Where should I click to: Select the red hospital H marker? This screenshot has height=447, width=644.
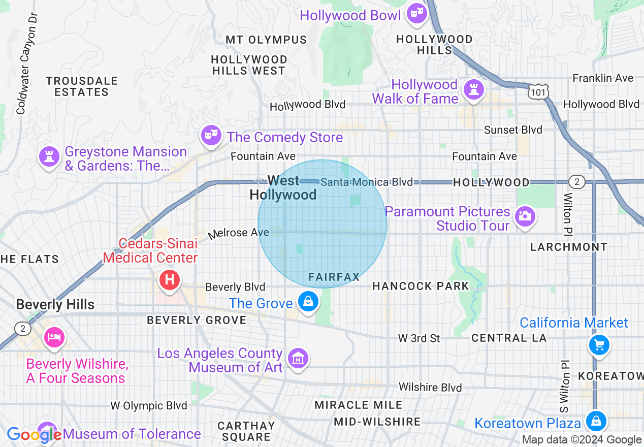point(170,280)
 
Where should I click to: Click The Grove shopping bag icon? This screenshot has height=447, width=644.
point(308,301)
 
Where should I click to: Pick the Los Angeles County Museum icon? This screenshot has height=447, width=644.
point(298,358)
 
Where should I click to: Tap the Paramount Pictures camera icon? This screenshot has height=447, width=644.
point(524,216)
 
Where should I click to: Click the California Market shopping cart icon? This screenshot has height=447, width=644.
point(599,345)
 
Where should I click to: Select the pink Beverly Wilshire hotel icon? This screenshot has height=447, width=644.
point(53,337)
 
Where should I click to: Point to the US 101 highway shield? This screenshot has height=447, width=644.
point(537,92)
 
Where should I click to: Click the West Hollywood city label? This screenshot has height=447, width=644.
point(283,187)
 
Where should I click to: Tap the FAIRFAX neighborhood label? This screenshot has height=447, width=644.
point(334,277)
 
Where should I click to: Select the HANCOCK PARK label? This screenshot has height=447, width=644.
point(421,286)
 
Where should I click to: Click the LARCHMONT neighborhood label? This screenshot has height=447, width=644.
point(568,247)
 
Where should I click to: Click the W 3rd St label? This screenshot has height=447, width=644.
point(418,338)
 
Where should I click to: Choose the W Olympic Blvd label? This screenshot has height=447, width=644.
point(149,405)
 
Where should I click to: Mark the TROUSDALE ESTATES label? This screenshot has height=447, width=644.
point(82,86)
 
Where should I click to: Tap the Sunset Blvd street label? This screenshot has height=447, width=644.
point(513,130)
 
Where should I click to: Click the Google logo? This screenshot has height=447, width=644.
point(34,435)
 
